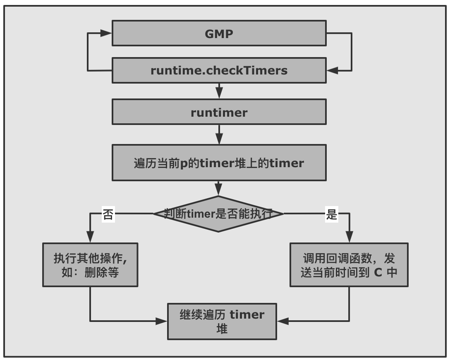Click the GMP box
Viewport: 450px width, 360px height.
click(219, 33)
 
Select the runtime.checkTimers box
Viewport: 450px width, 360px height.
click(219, 70)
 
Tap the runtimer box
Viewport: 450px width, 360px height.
click(219, 112)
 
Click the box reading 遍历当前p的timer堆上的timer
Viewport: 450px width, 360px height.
click(219, 163)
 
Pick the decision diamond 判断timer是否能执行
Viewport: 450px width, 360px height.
click(218, 214)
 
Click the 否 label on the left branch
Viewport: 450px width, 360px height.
click(108, 215)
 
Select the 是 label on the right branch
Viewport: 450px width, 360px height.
click(332, 215)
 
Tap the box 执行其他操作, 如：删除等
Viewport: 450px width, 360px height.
click(90, 265)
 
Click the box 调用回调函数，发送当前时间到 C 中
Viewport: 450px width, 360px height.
click(349, 265)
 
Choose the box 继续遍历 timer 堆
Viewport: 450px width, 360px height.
click(222, 321)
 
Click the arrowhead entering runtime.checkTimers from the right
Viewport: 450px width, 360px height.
click(332, 70)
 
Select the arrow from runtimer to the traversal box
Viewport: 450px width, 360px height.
click(219, 134)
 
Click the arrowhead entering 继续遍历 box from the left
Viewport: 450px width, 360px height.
click(163, 321)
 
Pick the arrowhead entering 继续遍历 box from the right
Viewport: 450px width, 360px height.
click(282, 321)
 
